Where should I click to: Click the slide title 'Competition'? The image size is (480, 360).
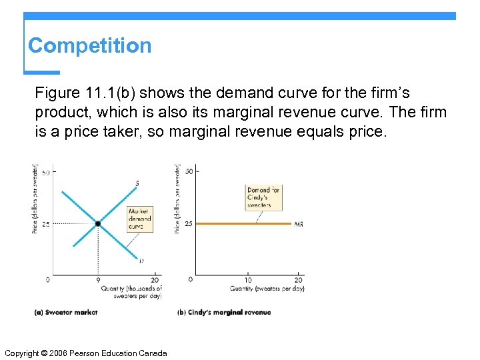[x=89, y=45]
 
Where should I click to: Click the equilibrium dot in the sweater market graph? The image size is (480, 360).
[x=98, y=224]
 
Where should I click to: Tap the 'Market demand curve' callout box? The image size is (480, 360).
[x=140, y=219]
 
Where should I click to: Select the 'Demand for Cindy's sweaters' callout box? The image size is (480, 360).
[x=263, y=198]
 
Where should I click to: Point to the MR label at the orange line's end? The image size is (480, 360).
[x=299, y=225]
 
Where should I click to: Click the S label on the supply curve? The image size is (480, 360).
[x=137, y=183]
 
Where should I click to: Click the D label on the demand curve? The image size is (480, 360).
[x=141, y=261]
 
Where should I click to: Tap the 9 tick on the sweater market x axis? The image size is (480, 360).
[x=98, y=279]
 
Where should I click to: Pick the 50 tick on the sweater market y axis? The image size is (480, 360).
[x=45, y=173]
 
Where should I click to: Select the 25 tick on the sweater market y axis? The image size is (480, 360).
[x=45, y=225]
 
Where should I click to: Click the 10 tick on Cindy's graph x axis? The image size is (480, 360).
[x=249, y=279]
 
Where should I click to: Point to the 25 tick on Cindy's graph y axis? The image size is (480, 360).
[x=188, y=224]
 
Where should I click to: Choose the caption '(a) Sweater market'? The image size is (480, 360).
[x=65, y=312]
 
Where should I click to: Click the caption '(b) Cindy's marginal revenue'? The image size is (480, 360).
[x=224, y=312]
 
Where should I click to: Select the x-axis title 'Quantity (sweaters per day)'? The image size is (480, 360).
[x=267, y=289]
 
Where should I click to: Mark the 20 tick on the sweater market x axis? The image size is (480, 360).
[x=156, y=279]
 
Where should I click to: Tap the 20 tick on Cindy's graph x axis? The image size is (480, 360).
[x=299, y=279]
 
